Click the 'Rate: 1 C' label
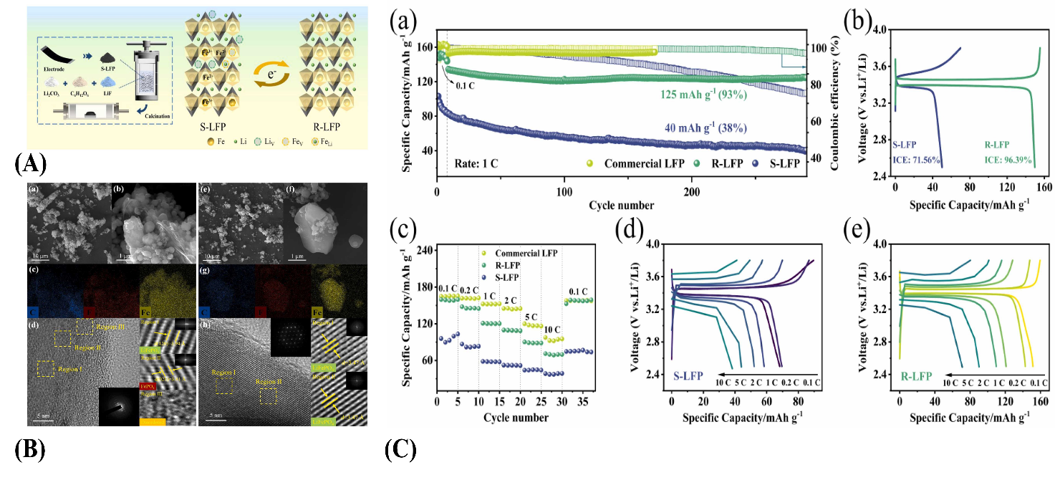476,163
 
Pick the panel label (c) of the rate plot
403,231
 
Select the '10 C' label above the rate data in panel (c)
551,330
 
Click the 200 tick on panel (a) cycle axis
691,191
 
